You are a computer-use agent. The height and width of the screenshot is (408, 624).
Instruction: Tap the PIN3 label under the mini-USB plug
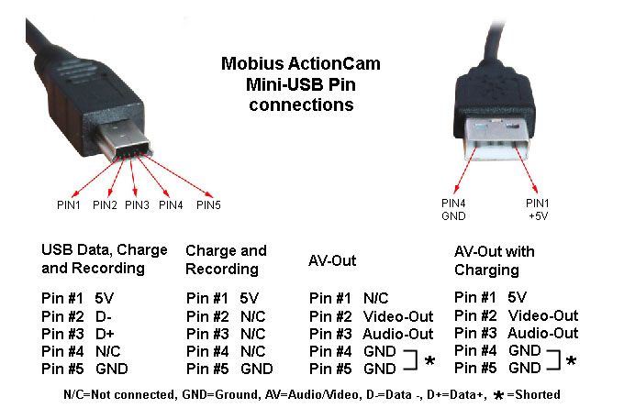[x=137, y=204]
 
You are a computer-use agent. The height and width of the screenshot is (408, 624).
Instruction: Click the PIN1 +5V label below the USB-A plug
[x=537, y=210]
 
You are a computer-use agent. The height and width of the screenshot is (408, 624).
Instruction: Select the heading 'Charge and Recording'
[x=226, y=259]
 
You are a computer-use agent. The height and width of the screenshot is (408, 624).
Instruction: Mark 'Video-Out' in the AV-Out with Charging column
[x=543, y=314]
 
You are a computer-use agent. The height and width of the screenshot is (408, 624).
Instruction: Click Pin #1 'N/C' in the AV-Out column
[x=374, y=297]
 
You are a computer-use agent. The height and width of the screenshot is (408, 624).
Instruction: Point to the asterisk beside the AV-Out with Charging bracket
[x=572, y=361]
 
